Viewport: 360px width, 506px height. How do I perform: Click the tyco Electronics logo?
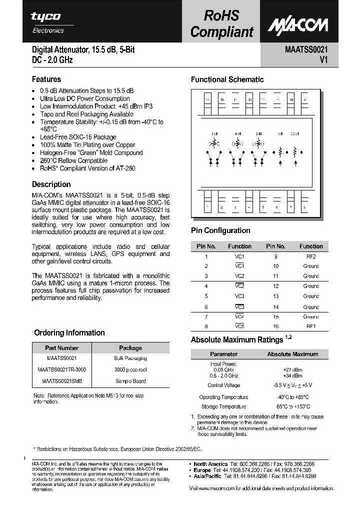[46, 22]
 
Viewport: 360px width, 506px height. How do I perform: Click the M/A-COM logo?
[297, 24]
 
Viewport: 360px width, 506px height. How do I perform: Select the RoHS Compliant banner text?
[222, 23]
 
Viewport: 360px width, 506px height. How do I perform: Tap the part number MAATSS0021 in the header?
[306, 50]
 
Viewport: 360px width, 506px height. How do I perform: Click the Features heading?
[46, 79]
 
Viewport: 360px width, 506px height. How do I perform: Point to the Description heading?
[51, 184]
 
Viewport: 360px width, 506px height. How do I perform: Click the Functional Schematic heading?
[227, 79]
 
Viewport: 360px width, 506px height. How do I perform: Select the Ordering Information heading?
[69, 332]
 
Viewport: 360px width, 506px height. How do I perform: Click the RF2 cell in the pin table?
[311, 256]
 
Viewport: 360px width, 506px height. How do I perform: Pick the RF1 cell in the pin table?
[311, 326]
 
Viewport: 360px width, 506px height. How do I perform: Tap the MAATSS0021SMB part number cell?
[58, 381]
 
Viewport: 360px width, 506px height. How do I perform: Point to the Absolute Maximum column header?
[292, 354]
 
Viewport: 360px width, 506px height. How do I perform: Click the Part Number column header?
[61, 348]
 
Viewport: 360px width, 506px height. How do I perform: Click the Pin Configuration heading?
[220, 230]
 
